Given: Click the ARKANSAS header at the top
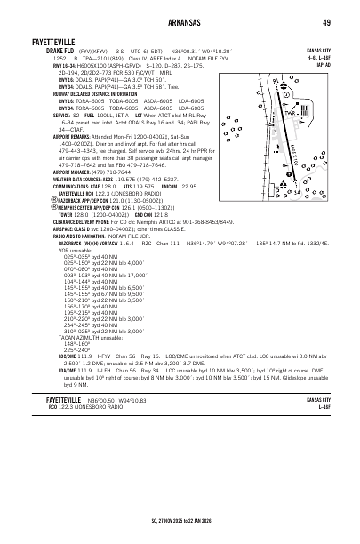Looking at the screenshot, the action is [180, 21].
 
